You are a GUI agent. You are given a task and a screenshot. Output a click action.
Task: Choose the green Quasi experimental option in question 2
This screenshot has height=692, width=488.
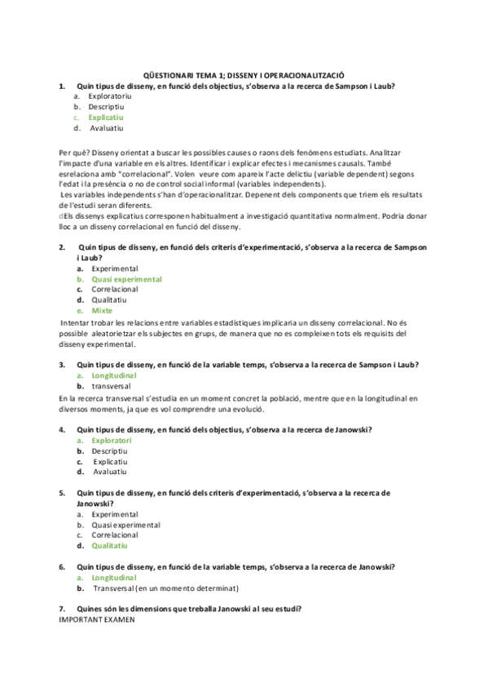tap(126, 279)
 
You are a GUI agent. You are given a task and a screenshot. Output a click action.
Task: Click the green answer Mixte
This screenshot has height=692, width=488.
tap(102, 311)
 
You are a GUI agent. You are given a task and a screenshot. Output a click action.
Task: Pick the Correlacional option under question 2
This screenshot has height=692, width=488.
tap(115, 290)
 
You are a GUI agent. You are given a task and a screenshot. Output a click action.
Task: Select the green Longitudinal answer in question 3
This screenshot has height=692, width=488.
tap(113, 375)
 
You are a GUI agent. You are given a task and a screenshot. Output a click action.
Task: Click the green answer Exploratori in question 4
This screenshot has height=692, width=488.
tap(112, 440)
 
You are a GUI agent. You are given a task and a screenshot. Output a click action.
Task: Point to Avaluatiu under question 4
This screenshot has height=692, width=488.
tap(110, 472)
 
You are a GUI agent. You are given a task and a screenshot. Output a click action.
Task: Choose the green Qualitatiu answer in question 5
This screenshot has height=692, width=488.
tap(110, 545)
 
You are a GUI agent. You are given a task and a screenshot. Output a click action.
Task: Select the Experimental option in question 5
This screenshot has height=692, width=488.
tap(115, 514)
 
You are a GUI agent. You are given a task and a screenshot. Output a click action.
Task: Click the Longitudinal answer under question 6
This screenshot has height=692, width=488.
tap(113, 577)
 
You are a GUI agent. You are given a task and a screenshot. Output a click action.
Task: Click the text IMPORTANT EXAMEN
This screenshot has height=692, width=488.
tap(97, 619)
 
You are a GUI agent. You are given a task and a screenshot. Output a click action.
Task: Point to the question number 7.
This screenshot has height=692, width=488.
tap(62, 609)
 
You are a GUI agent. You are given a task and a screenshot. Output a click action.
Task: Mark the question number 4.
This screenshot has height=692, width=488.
tap(62, 429)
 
